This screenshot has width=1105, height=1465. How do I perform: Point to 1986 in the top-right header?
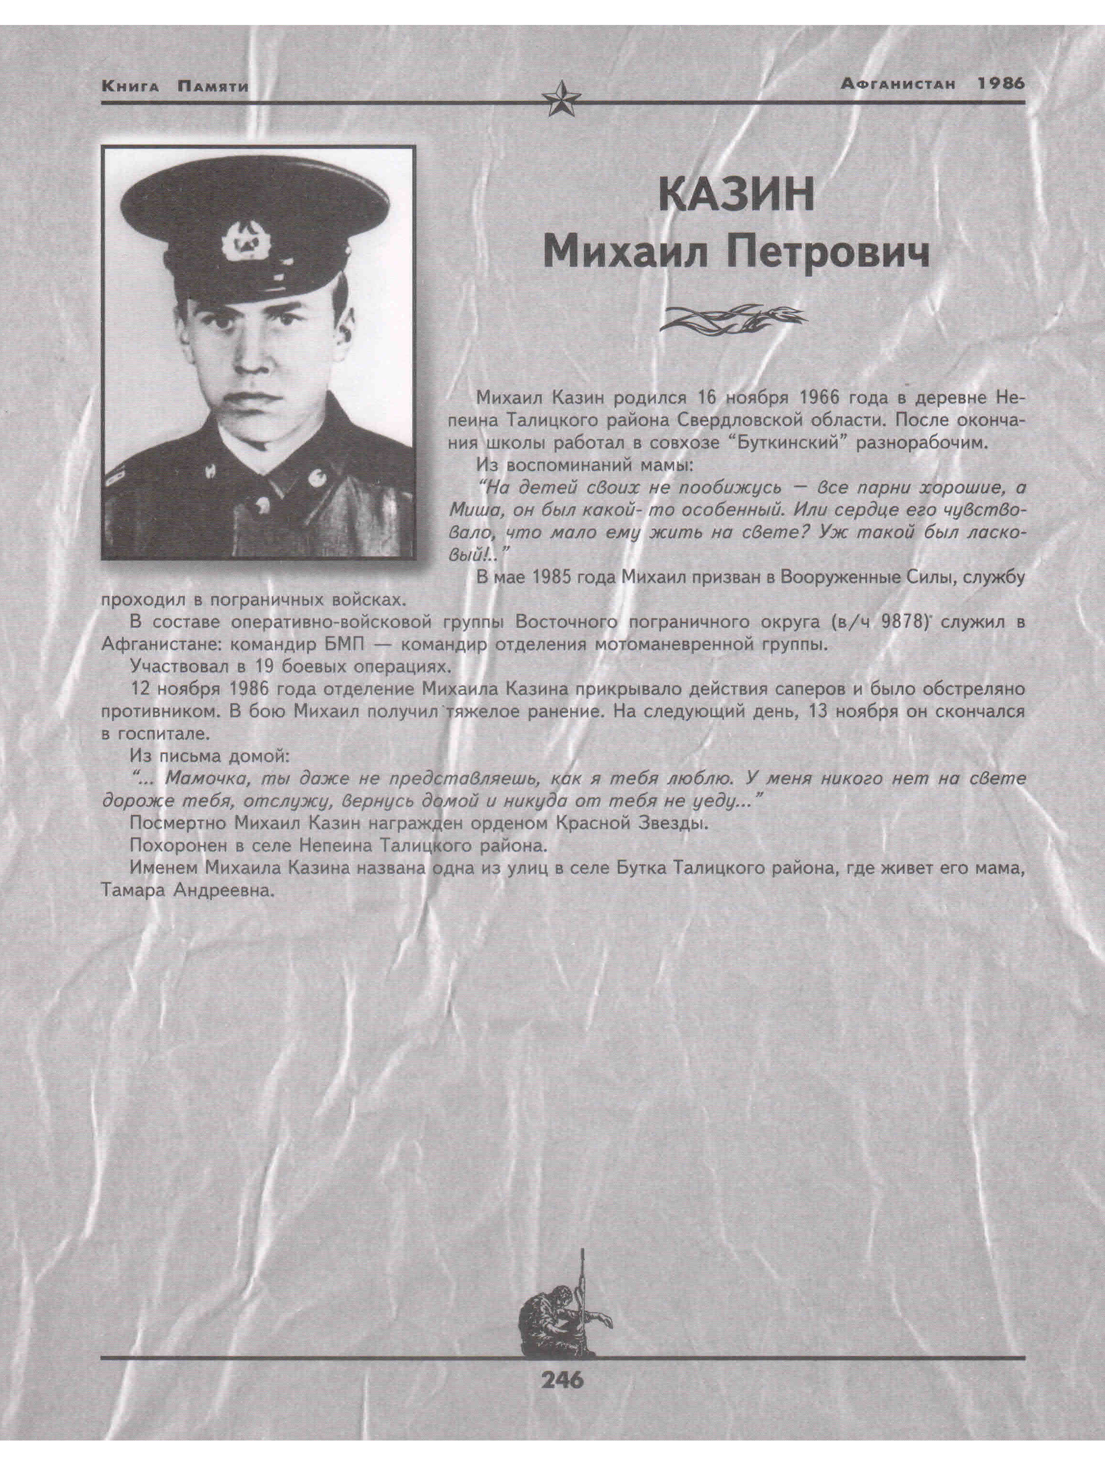(x=1000, y=84)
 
